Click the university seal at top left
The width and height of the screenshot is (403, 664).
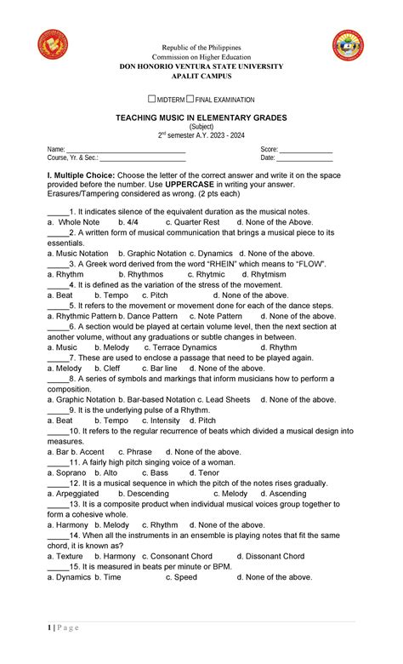53,44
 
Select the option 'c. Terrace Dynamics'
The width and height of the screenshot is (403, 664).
180,347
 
